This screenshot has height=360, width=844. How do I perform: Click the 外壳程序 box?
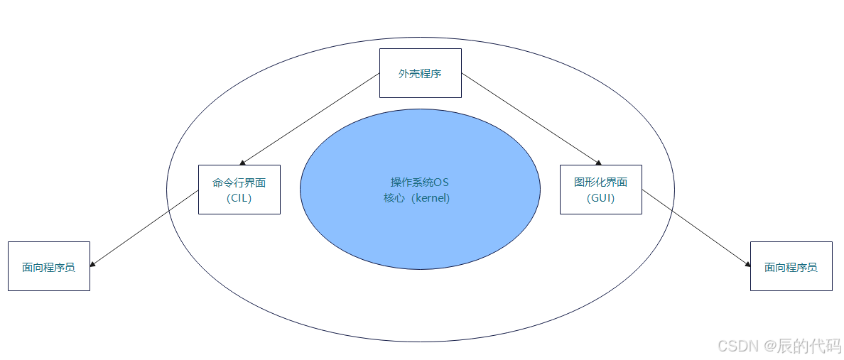click(x=420, y=73)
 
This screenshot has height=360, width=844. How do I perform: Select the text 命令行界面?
click(x=239, y=182)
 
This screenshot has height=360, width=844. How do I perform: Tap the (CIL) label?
click(x=239, y=198)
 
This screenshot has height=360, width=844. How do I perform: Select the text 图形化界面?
click(x=600, y=182)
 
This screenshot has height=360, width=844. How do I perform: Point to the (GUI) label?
click(x=601, y=198)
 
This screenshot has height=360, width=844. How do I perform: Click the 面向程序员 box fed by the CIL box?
click(x=49, y=266)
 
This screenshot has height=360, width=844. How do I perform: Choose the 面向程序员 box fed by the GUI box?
click(x=791, y=266)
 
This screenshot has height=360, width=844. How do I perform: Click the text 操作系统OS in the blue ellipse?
click(x=420, y=182)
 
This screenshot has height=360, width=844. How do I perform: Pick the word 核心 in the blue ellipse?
click(x=394, y=198)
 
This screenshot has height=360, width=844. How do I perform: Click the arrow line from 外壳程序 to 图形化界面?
click(x=530, y=119)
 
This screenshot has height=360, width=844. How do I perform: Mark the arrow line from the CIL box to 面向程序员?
click(x=144, y=229)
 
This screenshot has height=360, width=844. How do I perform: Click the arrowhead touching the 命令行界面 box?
click(x=242, y=163)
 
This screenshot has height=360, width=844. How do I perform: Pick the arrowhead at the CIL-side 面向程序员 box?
click(x=93, y=264)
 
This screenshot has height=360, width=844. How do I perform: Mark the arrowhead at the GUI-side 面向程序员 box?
click(x=747, y=264)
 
